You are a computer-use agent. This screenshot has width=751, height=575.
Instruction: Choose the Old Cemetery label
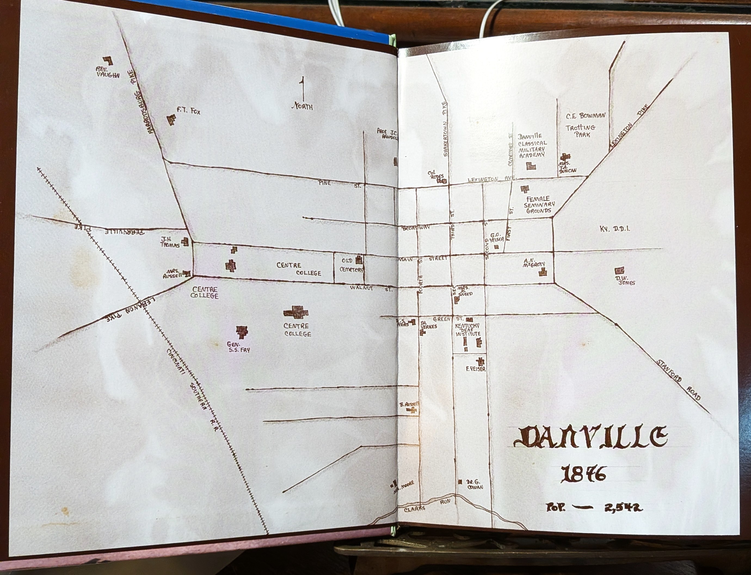(351, 265)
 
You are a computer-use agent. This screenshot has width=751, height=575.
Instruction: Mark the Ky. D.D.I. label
(615, 229)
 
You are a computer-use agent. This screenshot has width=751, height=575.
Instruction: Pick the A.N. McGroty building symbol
(542, 272)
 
